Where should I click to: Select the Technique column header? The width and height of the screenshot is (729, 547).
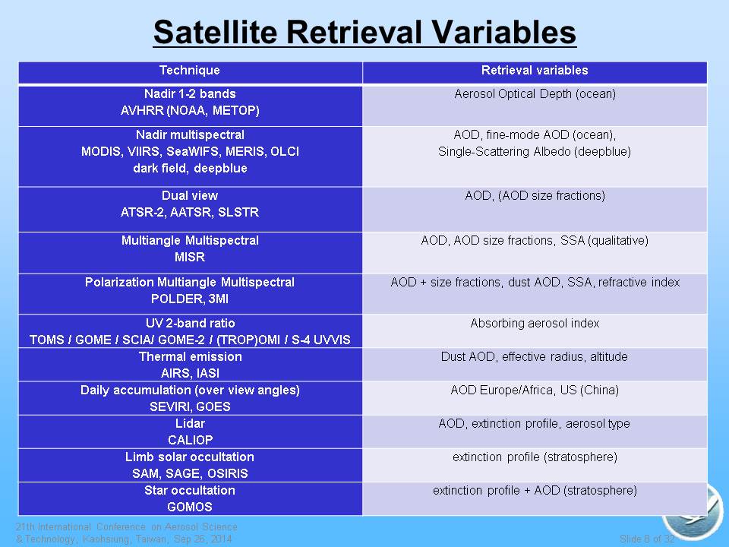190,70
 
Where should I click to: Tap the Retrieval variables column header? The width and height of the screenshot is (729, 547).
535,70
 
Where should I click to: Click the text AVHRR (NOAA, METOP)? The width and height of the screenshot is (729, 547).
190,111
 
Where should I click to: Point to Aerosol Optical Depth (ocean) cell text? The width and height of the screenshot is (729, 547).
535,94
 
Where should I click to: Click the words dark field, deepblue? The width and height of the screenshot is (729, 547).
190,169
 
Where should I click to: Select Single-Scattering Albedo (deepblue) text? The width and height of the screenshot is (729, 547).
535,152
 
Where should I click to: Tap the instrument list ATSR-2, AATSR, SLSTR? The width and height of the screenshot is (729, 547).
190,213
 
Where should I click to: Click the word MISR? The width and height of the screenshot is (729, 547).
190,258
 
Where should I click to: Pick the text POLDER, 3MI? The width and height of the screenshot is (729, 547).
190,299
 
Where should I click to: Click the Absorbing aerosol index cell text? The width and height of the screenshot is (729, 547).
535,324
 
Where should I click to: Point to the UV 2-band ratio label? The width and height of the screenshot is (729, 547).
190,324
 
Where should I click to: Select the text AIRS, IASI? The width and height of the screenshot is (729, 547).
190,374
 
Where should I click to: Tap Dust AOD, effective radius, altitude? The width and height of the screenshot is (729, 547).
535,357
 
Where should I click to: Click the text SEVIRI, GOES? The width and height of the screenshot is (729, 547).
190,407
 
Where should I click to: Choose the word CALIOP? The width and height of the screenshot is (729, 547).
190,440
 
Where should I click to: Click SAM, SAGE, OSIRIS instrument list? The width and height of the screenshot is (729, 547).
190,473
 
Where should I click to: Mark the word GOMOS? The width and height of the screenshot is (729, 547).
190,507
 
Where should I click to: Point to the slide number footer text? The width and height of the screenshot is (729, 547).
647,539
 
